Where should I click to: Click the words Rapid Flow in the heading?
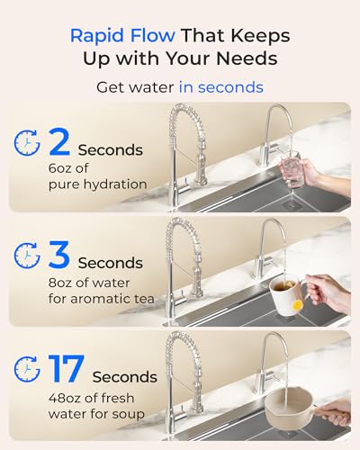(x=114, y=36)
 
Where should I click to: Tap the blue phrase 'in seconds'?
(x=220, y=87)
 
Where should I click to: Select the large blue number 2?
(x=58, y=143)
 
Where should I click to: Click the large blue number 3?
(x=58, y=256)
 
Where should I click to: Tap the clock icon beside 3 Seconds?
(x=26, y=256)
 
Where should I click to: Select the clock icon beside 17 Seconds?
(x=26, y=369)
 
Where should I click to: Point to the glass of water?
(x=291, y=170)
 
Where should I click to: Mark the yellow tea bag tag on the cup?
(x=297, y=304)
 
